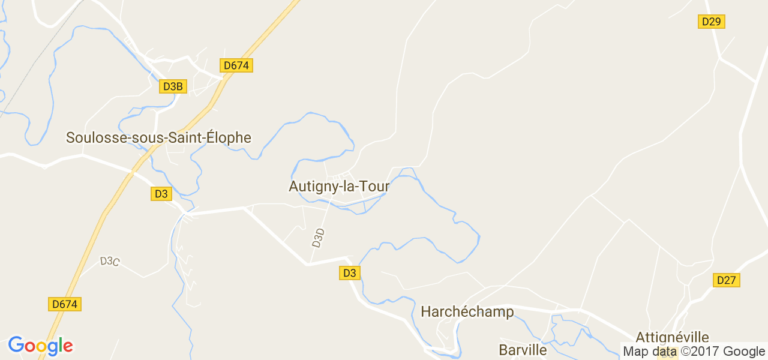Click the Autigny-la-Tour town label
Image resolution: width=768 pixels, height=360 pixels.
339,187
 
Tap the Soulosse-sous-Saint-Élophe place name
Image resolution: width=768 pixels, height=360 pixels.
158,137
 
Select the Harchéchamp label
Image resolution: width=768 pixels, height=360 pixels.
467,311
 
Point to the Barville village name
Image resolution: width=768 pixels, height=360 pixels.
523,350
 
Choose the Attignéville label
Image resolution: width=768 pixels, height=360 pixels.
672,337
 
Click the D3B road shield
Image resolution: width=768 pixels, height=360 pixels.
172,86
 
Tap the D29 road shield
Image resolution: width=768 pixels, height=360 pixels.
712,22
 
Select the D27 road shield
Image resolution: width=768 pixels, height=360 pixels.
727,280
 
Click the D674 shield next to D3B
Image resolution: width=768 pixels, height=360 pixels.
236,65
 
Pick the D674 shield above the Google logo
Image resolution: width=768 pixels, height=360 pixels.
64,304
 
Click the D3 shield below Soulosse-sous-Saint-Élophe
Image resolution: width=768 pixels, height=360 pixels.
161,194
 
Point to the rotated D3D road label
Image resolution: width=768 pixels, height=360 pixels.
319,238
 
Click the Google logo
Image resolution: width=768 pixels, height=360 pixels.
41,346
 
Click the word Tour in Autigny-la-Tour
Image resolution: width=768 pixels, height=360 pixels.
376,187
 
